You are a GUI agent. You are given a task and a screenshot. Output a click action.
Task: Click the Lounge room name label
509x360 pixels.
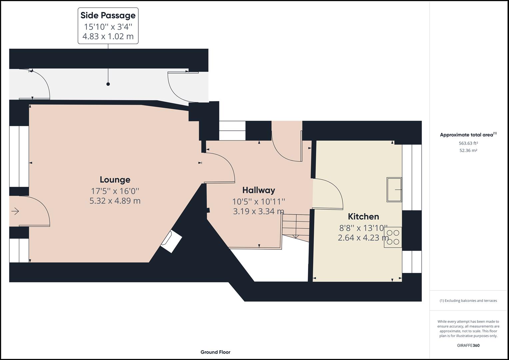(115, 180)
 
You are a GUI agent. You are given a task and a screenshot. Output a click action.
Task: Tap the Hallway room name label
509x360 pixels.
(259, 190)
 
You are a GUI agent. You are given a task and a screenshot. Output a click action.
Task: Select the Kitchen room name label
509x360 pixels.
(363, 216)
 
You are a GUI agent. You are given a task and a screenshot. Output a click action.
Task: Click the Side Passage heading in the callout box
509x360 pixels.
(108, 15)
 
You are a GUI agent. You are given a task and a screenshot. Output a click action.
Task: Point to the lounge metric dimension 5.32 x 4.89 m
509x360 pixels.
(115, 201)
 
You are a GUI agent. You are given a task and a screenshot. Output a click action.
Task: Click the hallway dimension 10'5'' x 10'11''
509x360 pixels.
(259, 201)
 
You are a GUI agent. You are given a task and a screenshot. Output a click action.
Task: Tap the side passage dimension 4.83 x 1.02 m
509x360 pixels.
(108, 36)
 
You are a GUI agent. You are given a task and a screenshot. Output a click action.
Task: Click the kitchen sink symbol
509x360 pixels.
(394, 190)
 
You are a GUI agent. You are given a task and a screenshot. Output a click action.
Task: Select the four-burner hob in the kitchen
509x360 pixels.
(393, 237)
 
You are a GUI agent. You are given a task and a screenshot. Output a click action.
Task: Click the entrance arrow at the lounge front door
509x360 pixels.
(15, 211)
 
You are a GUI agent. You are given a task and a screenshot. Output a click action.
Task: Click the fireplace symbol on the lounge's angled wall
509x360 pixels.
(171, 241)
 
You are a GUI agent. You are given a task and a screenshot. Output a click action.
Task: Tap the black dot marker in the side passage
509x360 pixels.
(108, 84)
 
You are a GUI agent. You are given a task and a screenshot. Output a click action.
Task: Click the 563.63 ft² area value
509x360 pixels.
(468, 143)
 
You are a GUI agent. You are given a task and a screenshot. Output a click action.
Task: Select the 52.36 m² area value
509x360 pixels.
(468, 150)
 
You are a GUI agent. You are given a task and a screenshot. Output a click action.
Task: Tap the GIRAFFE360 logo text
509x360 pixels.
(468, 345)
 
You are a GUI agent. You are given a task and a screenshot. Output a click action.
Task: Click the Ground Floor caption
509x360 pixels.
(215, 352)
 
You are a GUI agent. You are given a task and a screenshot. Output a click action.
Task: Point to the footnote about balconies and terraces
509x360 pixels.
(468, 301)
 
